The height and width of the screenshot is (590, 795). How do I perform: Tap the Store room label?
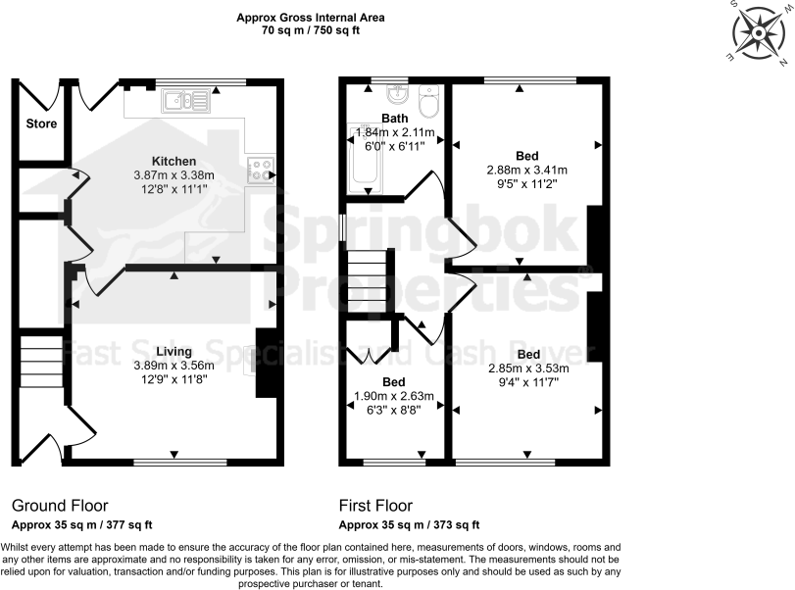(41, 124)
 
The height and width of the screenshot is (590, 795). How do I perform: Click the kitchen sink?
(184, 99)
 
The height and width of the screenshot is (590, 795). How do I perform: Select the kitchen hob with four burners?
(262, 170)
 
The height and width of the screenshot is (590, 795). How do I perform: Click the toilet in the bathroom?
(428, 102)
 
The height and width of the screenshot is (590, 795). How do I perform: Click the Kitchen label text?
(174, 162)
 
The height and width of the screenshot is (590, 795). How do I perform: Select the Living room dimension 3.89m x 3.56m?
(173, 366)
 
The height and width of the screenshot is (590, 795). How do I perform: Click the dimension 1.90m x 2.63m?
(392, 396)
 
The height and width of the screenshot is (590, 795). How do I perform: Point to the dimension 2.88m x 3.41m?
(526, 170)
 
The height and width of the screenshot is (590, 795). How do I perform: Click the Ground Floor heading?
(60, 506)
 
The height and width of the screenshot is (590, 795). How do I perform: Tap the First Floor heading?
(376, 506)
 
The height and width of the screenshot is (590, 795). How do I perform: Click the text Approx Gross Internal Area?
(311, 18)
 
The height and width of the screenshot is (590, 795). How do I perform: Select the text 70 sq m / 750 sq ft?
(311, 30)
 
